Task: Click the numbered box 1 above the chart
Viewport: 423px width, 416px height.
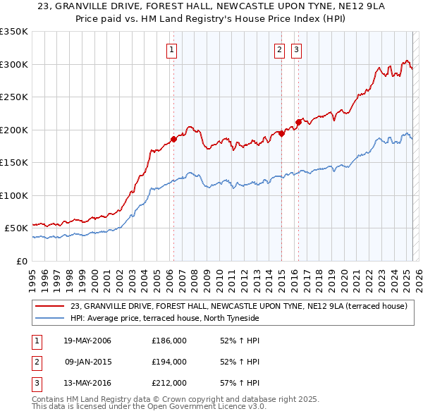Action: (173, 49)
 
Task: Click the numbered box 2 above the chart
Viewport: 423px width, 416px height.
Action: (280, 49)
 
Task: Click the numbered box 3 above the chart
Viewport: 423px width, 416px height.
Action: (297, 49)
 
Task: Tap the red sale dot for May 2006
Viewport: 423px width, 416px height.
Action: (173, 139)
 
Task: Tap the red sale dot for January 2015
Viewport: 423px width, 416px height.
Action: (281, 133)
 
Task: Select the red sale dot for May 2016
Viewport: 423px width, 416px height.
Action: (298, 122)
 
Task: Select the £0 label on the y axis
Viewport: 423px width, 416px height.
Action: (22, 261)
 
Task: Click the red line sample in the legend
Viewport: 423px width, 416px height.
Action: (51, 306)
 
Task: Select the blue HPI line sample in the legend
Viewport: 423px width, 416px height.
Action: (51, 318)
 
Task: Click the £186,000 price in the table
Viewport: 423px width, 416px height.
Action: (169, 341)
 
